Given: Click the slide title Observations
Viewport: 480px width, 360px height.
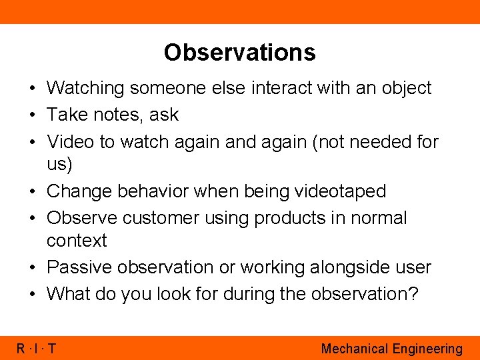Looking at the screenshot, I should click(239, 52).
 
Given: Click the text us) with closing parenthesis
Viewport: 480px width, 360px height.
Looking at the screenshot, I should click(59, 164).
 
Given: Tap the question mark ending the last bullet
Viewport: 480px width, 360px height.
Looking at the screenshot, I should click(414, 293).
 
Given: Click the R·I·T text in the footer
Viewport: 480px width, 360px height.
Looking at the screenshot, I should click(37, 349).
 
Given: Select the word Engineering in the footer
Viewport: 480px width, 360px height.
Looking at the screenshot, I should click(427, 349).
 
